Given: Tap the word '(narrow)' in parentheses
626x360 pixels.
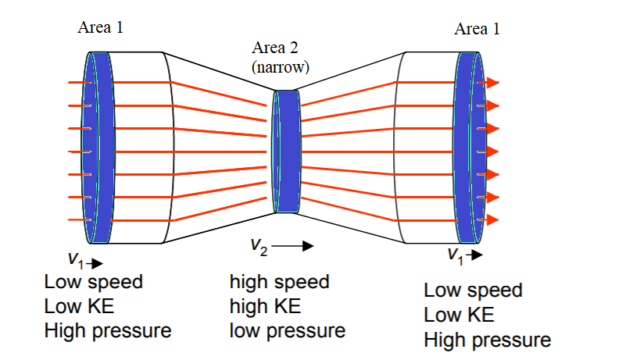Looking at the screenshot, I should click(280, 67).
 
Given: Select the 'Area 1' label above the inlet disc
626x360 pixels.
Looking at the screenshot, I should click(100, 28).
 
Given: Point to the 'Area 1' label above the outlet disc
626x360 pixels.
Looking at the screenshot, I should click(477, 30).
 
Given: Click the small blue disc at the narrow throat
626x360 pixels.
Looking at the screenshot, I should click(286, 151).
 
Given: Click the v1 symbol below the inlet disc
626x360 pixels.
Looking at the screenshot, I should click(76, 258).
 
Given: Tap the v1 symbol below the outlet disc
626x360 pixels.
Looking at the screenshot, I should click(455, 255).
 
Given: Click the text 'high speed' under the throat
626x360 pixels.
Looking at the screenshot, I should click(279, 282).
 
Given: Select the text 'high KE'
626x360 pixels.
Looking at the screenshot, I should click(265, 306).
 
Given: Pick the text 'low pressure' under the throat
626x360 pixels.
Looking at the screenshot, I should click(287, 330).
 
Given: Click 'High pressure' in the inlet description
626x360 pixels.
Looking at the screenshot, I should click(107, 330).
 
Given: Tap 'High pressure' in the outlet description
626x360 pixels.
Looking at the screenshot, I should click(487, 340).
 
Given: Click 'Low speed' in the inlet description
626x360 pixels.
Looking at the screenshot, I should click(94, 282).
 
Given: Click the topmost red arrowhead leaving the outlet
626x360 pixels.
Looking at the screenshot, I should click(492, 82).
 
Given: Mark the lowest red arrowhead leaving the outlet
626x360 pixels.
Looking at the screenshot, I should click(492, 220).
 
